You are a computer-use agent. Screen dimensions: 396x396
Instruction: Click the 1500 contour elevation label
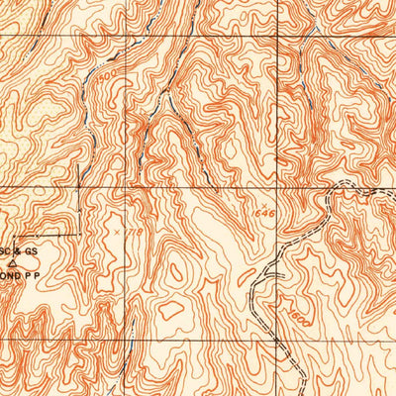click(105, 73)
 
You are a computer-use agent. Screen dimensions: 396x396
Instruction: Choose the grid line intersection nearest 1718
click(79, 187)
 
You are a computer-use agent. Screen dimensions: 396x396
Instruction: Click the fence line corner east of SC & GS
click(79, 234)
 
